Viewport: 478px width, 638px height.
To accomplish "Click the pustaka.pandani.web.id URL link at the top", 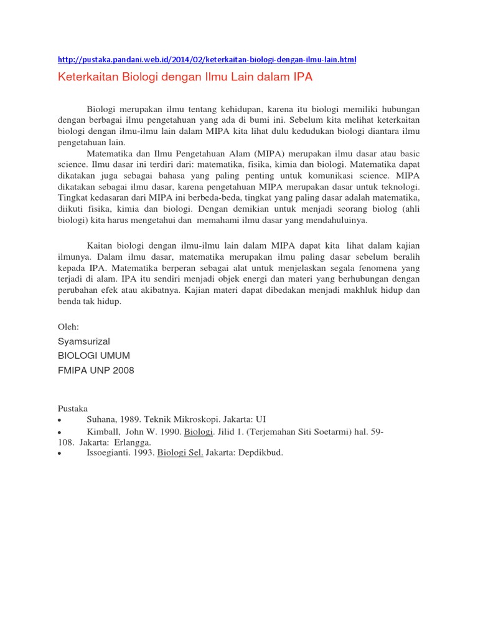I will [x=207, y=60].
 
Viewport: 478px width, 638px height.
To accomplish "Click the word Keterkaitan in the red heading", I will [x=85, y=78].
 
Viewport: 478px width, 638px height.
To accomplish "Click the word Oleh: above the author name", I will [x=68, y=326].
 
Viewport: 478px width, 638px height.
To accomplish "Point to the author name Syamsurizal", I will [x=83, y=341].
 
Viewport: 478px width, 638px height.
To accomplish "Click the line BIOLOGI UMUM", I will [x=93, y=356].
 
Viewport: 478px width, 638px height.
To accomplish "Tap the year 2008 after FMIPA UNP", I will [x=122, y=370].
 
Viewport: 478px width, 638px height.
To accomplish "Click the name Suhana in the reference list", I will [x=101, y=419].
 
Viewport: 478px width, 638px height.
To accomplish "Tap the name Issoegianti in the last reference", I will [x=110, y=453].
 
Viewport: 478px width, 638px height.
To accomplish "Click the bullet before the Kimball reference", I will [x=59, y=432].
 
